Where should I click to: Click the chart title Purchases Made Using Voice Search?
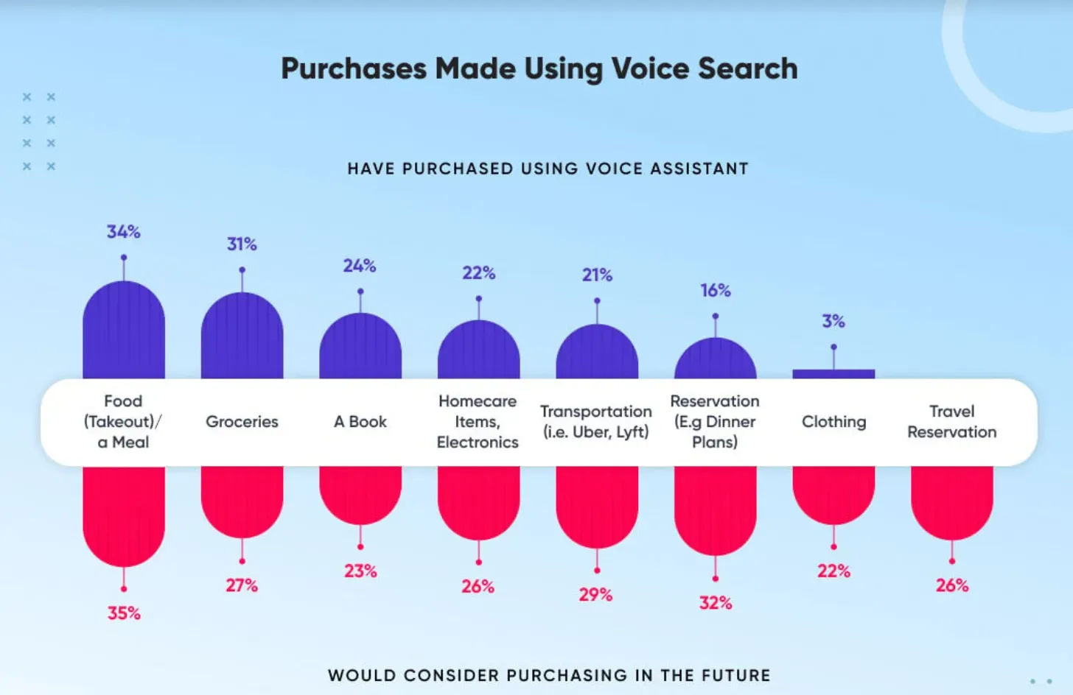539,69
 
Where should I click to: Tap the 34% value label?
123,232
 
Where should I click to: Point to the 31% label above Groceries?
242,244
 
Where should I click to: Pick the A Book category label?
360,422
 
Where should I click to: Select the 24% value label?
360,266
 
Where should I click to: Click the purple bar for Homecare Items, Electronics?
478,352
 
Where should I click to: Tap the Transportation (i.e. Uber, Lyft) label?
596,422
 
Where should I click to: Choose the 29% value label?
595,595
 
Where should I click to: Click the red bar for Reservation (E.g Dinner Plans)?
715,508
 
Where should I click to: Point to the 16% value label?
715,291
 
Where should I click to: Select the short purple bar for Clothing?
833,374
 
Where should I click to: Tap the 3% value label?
833,322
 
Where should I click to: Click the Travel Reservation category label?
951,422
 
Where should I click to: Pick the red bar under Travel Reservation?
951,501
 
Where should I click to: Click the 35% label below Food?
124,613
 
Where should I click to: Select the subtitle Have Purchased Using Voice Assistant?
548,169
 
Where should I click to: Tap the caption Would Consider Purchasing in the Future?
549,675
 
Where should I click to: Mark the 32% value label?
716,603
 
